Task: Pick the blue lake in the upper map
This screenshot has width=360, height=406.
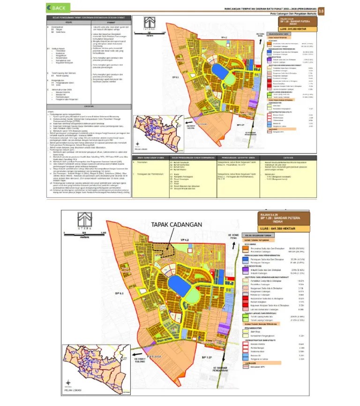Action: coord(219,70)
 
